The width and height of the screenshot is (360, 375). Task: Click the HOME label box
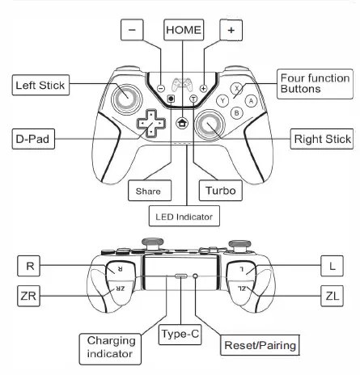click(183, 30)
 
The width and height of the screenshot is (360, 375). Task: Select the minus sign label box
click(133, 29)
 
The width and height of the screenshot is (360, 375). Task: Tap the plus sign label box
click(231, 29)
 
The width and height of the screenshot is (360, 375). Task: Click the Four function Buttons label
click(314, 85)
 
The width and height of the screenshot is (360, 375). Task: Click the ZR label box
click(27, 296)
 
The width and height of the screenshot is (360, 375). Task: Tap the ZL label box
click(332, 296)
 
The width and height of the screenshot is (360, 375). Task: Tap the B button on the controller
click(236, 113)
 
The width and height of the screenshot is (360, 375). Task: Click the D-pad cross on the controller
click(149, 123)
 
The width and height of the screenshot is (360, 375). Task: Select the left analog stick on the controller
click(127, 99)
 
